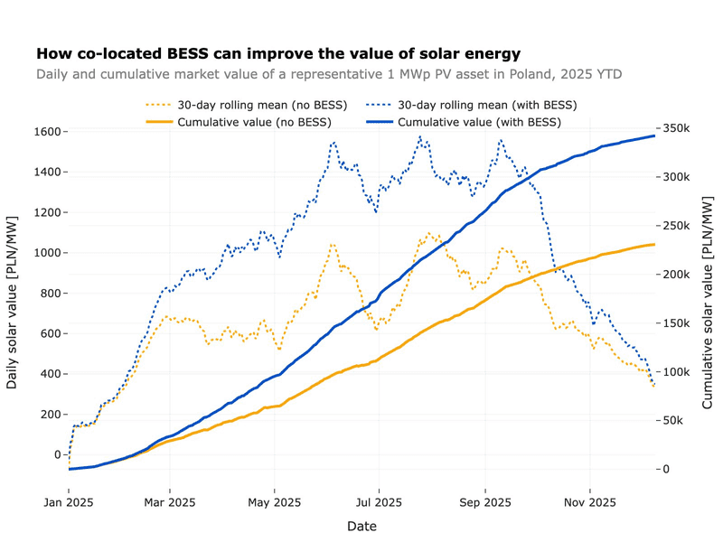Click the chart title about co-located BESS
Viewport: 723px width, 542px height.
tap(277, 54)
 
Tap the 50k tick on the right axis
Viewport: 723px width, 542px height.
tap(675, 421)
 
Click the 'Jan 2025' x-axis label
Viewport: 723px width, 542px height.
tap(69, 502)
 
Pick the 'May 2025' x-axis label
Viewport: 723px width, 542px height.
tap(274, 502)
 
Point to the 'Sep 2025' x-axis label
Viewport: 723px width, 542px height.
tap(485, 502)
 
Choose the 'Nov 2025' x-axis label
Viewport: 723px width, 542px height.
tap(589, 502)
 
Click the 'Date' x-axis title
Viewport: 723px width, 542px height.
tap(359, 526)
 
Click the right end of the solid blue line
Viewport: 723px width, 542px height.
tap(654, 135)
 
